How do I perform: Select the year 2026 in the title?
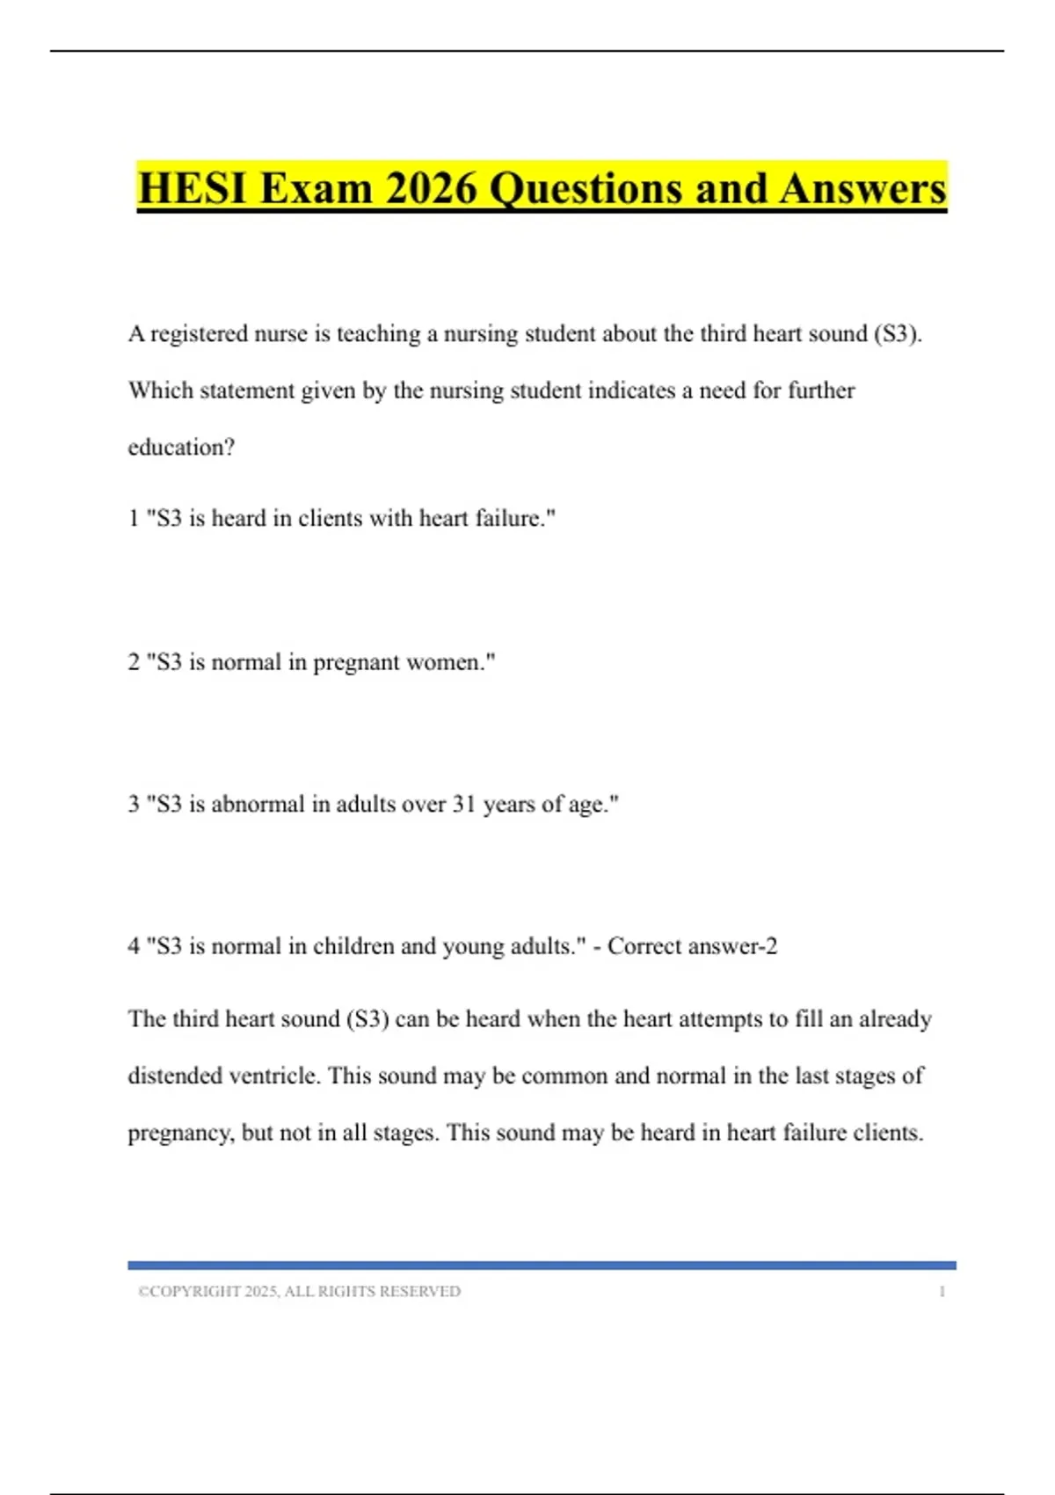tap(431, 188)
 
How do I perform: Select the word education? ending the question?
tap(181, 448)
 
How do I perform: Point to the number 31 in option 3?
tap(463, 805)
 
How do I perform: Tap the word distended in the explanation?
tap(175, 1076)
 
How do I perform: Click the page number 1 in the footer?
tap(942, 1292)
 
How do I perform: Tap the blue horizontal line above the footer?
tap(542, 1265)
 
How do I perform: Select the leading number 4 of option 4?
tap(134, 946)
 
